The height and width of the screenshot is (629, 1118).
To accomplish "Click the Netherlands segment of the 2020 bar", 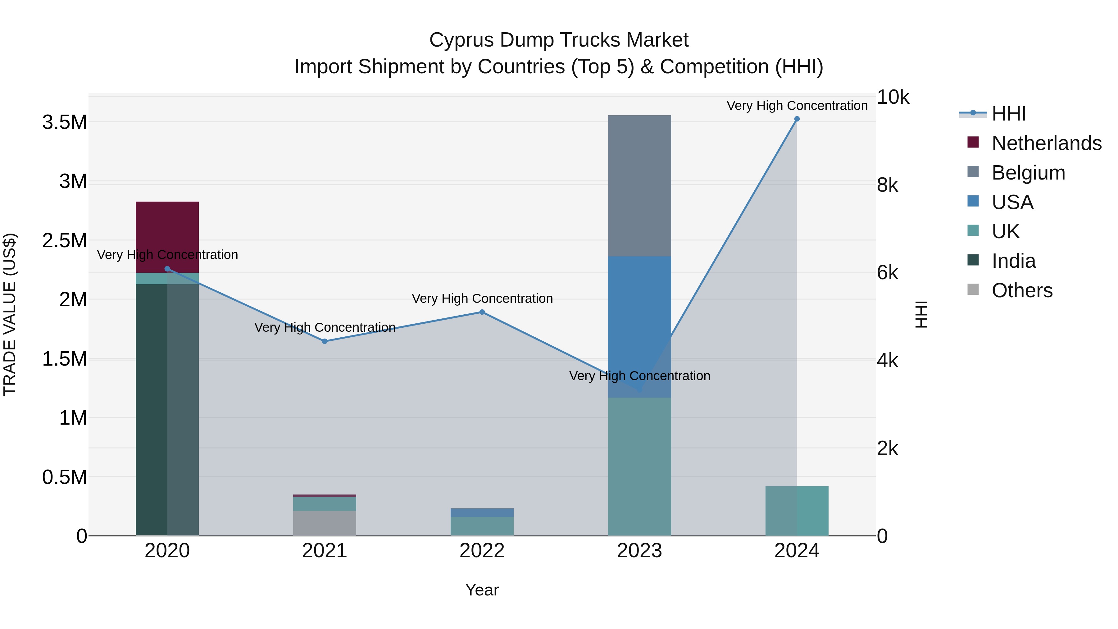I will click(167, 237).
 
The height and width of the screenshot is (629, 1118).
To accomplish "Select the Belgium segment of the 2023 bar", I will click(639, 185).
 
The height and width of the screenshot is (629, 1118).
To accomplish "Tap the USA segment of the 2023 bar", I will click(639, 326).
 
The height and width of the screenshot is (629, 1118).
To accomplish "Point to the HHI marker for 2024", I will click(797, 119).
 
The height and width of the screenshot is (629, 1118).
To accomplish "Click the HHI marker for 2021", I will click(325, 341).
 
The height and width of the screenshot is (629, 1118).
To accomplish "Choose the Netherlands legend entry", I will click(1046, 143).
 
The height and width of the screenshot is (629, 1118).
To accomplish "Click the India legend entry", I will click(1013, 261).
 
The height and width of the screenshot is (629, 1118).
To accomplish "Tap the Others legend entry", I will click(1022, 290).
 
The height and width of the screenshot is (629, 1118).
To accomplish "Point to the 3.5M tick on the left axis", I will click(65, 122).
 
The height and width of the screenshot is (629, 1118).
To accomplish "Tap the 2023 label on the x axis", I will click(639, 551).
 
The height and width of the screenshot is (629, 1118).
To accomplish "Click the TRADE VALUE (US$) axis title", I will click(10, 314).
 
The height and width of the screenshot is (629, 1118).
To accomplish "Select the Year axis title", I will click(482, 590).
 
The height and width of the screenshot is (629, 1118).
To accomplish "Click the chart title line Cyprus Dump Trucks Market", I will click(559, 40).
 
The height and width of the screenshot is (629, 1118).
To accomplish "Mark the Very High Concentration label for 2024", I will click(797, 106).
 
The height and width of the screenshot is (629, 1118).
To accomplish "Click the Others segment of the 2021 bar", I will click(325, 523).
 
